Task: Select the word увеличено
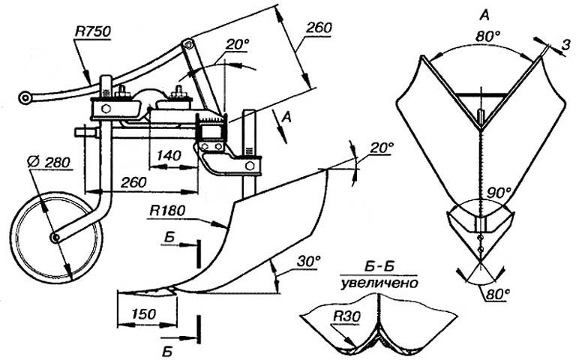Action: [x=379, y=283]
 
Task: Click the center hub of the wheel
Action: [x=56, y=238]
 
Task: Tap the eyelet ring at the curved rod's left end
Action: [x=25, y=97]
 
